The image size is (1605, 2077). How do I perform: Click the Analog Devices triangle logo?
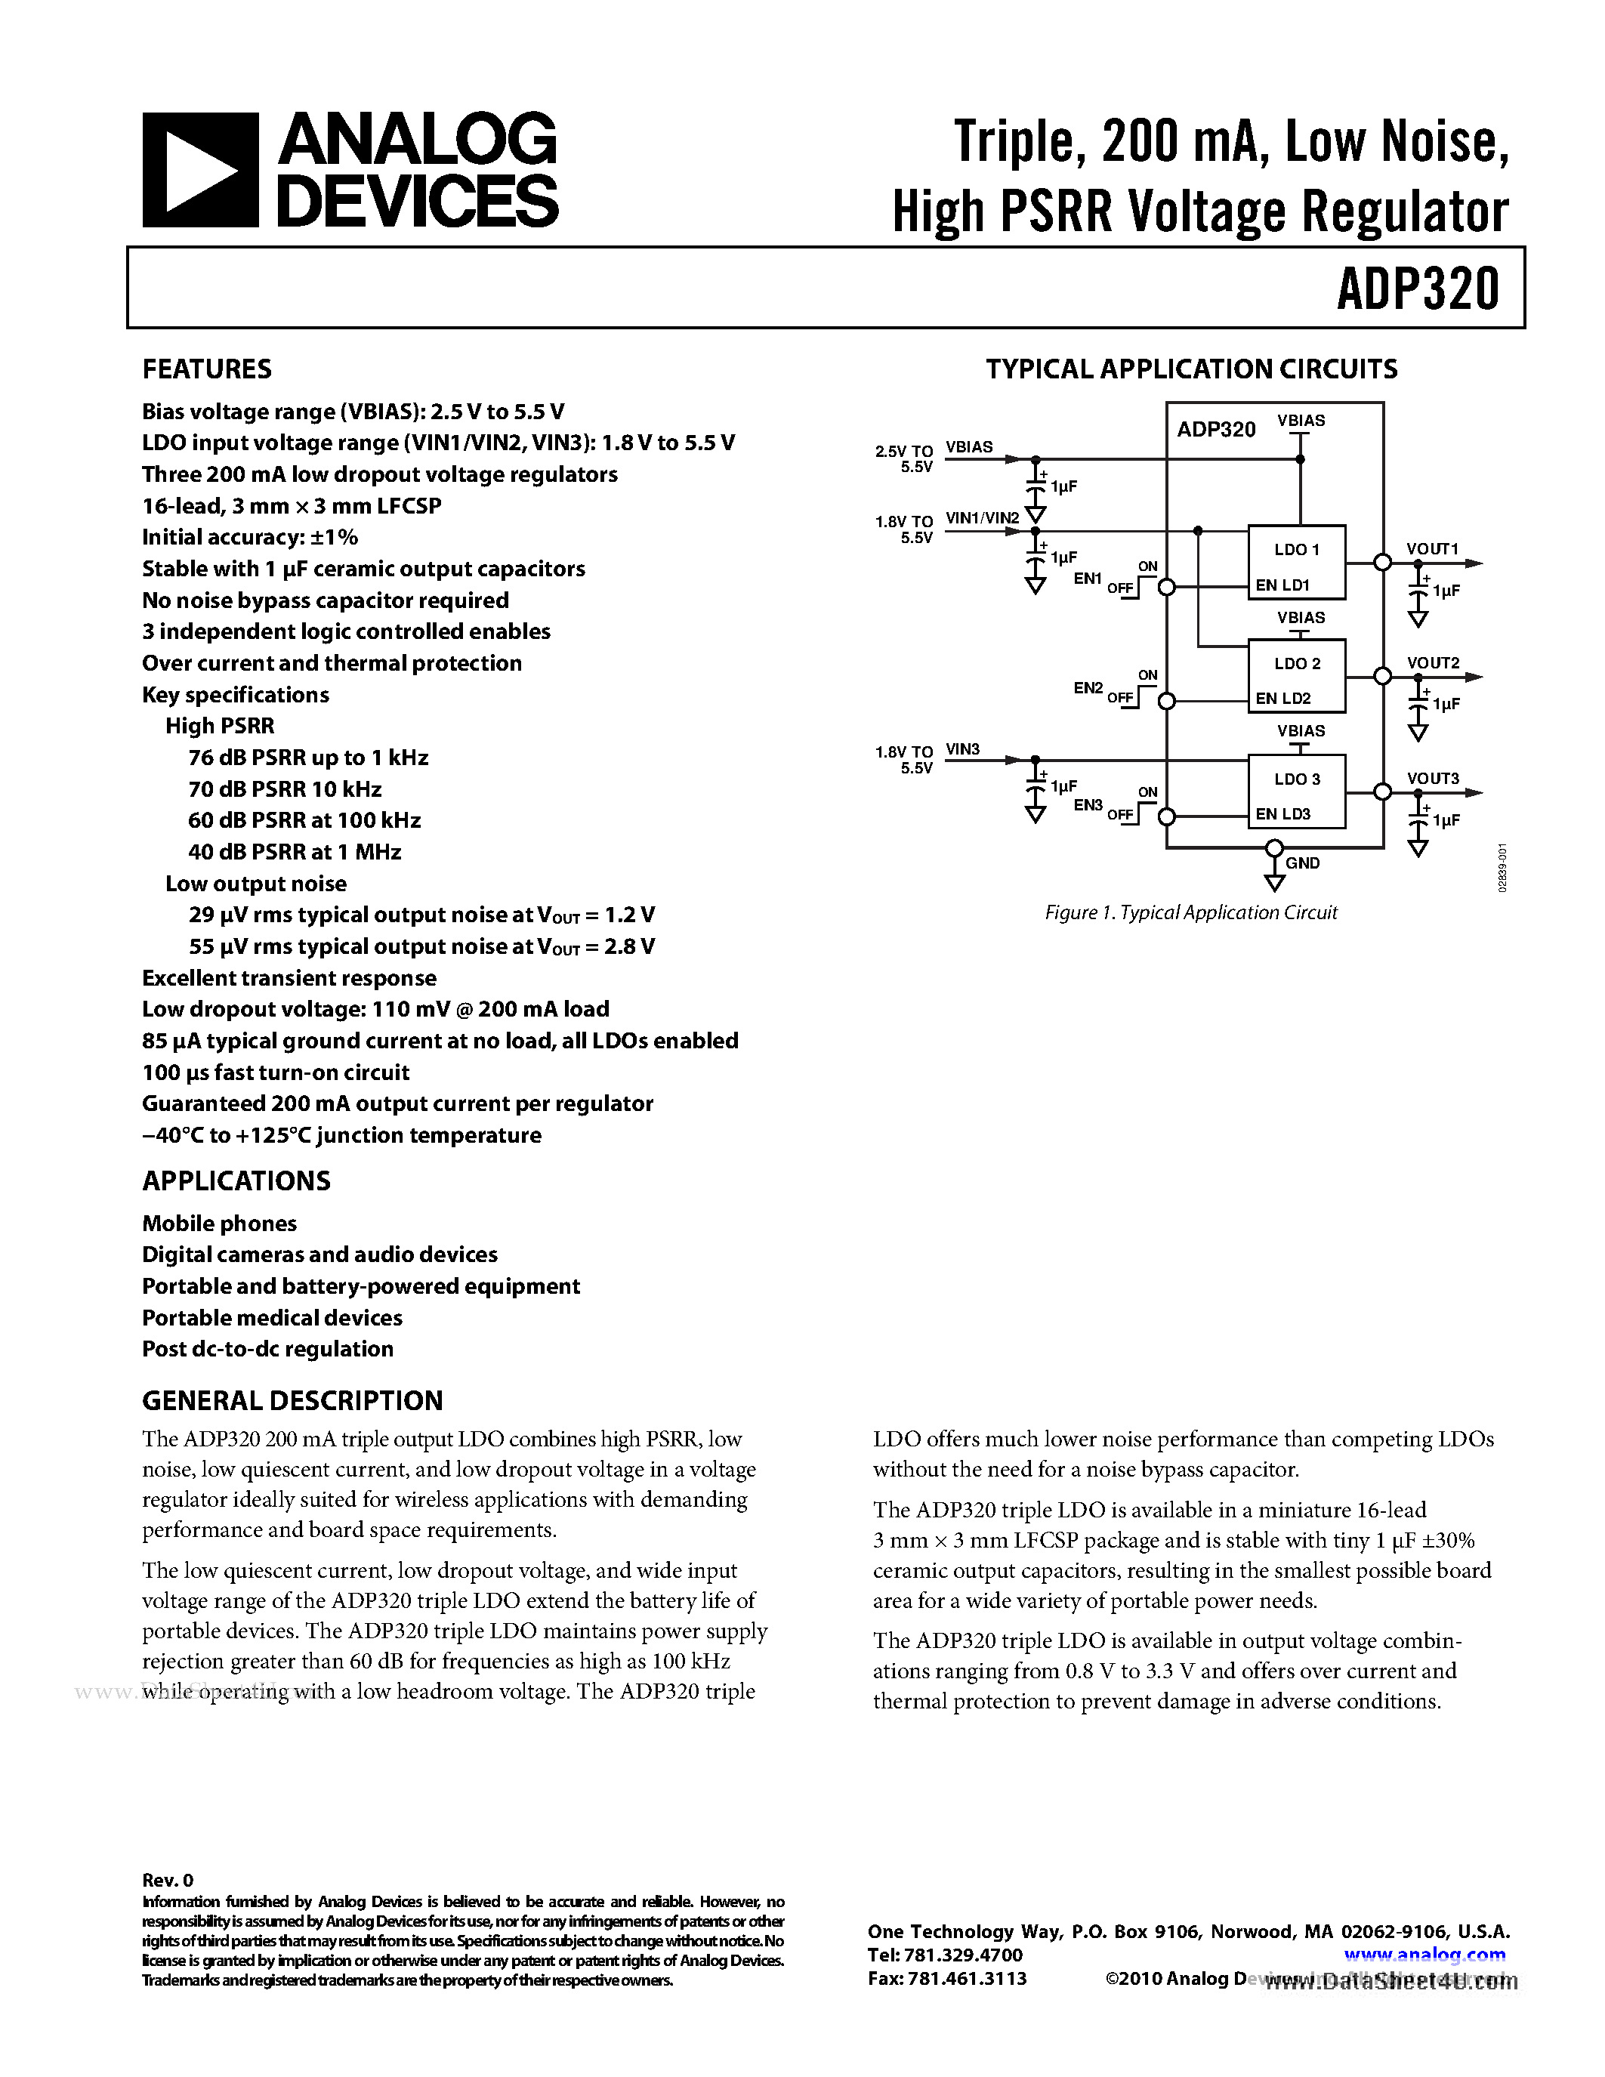[x=199, y=170]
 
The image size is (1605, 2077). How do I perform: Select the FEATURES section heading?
[x=206, y=369]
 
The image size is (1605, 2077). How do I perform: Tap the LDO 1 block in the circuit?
[x=1296, y=561]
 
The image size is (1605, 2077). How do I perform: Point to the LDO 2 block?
[x=1296, y=678]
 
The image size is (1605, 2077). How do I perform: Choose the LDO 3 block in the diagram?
[x=1296, y=792]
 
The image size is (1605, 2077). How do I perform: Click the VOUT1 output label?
[x=1432, y=549]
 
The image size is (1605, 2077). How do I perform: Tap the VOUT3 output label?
[x=1432, y=778]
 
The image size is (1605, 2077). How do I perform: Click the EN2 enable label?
[x=1088, y=687]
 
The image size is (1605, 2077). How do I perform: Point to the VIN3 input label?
[x=962, y=749]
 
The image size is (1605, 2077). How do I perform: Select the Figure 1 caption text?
[x=1190, y=913]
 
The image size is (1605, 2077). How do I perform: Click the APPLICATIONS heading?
[x=236, y=1181]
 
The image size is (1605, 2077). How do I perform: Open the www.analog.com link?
[x=1424, y=1955]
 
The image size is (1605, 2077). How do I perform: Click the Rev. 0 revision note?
[x=168, y=1880]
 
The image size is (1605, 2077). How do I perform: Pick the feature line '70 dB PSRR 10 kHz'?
[x=284, y=789]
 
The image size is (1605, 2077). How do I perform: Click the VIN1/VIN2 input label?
[x=982, y=518]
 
